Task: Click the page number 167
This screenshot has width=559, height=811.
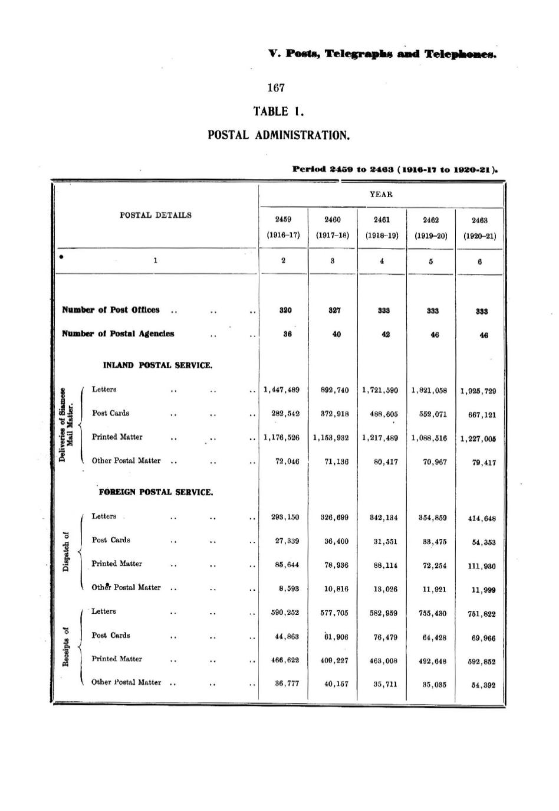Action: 275,88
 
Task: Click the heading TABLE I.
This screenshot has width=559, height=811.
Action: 278,112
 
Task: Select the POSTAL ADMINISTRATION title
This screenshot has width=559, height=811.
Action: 279,135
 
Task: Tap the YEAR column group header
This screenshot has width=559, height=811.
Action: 381,194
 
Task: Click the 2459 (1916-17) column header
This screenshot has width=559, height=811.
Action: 284,227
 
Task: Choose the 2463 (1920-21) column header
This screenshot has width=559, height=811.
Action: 479,228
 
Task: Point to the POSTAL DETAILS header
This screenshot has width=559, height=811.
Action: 155,215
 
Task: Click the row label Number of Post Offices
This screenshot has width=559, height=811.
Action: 111,310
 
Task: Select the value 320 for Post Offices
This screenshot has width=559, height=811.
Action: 285,310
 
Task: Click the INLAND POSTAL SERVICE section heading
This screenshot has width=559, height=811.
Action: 157,365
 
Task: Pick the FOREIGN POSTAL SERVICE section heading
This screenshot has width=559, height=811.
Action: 156,492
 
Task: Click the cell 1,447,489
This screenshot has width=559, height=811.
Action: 282,390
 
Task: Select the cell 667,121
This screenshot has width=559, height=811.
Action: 481,414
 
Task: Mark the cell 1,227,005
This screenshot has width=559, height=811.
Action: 478,439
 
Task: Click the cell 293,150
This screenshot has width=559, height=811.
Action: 285,517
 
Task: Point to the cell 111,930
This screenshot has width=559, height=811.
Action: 481,566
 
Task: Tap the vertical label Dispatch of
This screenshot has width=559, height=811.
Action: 67,551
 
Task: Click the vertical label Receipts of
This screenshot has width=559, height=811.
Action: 67,646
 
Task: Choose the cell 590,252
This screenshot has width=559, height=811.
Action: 285,613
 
